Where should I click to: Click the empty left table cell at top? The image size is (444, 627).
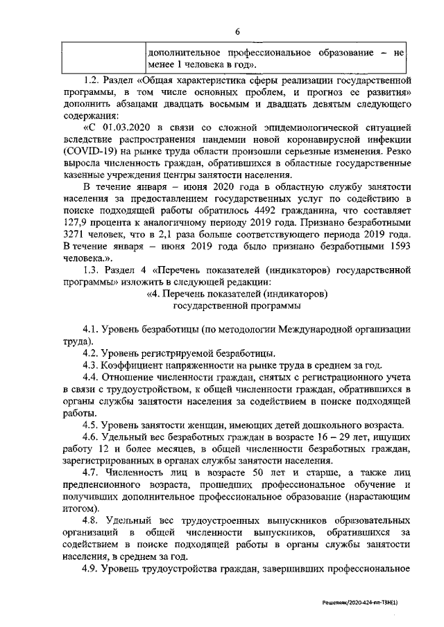coord(102,58)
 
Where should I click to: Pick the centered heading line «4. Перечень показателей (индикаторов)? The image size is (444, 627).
coord(237,293)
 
